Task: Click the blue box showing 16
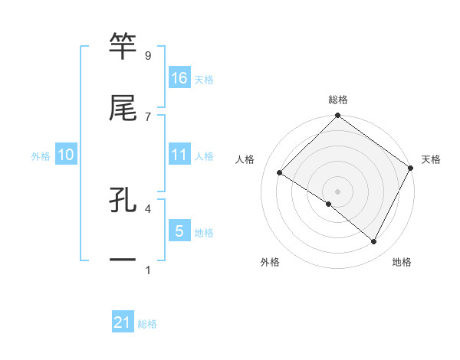point(179,78)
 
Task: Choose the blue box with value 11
point(179,155)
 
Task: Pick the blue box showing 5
point(179,231)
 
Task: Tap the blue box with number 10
point(66,155)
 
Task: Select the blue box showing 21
point(123,323)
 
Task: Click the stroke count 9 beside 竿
point(148,56)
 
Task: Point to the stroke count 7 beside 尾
point(148,116)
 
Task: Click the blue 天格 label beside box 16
point(204,79)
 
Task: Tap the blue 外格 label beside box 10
point(41,155)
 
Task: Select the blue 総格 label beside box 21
point(147,324)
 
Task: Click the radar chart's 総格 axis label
point(338,100)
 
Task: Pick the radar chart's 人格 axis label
point(245,159)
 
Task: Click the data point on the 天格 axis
point(411,169)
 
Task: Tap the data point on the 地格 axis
point(374,242)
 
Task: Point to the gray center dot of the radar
point(337,191)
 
